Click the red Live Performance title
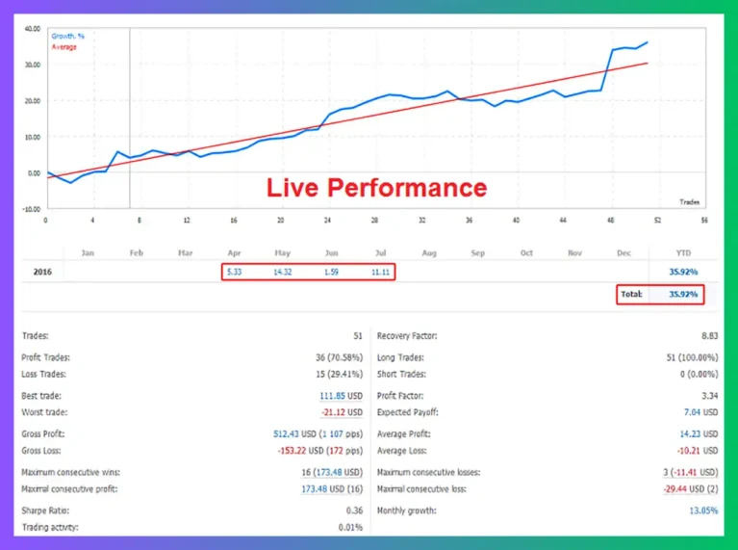(376, 187)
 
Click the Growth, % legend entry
(68, 37)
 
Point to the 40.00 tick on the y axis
(33, 29)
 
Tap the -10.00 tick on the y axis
(32, 208)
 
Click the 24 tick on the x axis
(327, 219)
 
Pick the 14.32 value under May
(282, 273)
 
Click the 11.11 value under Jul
(380, 273)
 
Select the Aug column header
(429, 253)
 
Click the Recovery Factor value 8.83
(708, 336)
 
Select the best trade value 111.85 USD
(340, 396)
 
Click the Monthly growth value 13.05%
(702, 511)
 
